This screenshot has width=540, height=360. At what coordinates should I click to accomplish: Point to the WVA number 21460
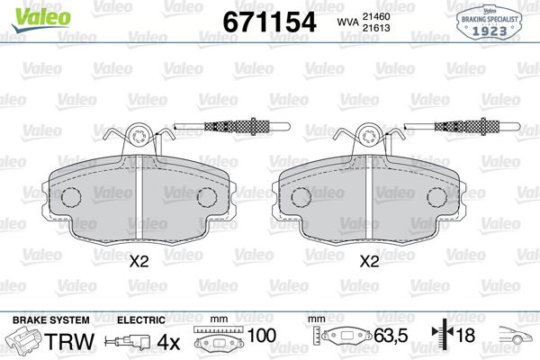point(388,14)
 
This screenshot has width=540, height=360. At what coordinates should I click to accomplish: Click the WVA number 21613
point(388,28)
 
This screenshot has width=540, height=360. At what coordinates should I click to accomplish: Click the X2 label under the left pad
point(139,264)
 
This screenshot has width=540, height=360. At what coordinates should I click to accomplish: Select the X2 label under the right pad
point(369,264)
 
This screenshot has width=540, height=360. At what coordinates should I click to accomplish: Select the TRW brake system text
point(62,341)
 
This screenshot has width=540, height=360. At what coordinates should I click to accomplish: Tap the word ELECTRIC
point(142,319)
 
